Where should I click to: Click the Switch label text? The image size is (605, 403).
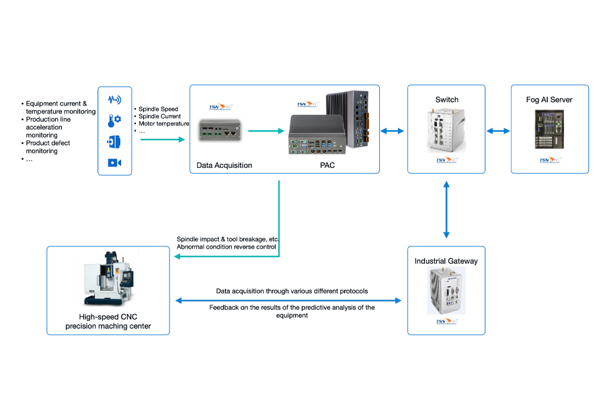click(446, 99)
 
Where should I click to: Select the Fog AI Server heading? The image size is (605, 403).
click(549, 99)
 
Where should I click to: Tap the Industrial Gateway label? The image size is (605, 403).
click(446, 261)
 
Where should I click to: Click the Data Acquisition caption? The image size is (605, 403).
click(224, 165)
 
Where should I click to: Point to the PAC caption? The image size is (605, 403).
click(327, 165)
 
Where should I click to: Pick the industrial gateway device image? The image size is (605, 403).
click(446, 290)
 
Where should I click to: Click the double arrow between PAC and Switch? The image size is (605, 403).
click(393, 131)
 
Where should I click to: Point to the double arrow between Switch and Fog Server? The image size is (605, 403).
click(498, 131)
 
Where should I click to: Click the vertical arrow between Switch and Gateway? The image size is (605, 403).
click(446, 210)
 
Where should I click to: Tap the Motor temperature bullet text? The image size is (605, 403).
click(163, 124)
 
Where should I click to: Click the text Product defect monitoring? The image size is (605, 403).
click(47, 147)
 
